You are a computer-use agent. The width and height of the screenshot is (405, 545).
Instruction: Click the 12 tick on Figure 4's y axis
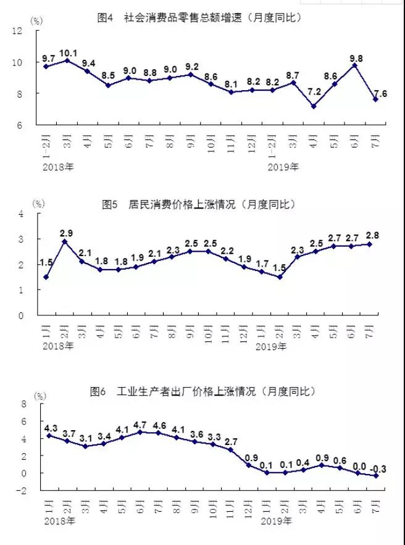click(33, 30)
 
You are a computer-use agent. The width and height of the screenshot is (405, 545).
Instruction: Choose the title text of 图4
click(199, 18)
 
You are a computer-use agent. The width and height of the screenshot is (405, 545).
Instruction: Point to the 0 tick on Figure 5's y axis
click(36, 315)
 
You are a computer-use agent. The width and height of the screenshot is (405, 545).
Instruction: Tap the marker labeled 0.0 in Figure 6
click(357, 473)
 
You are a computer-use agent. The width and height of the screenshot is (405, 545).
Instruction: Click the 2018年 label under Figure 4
click(59, 166)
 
